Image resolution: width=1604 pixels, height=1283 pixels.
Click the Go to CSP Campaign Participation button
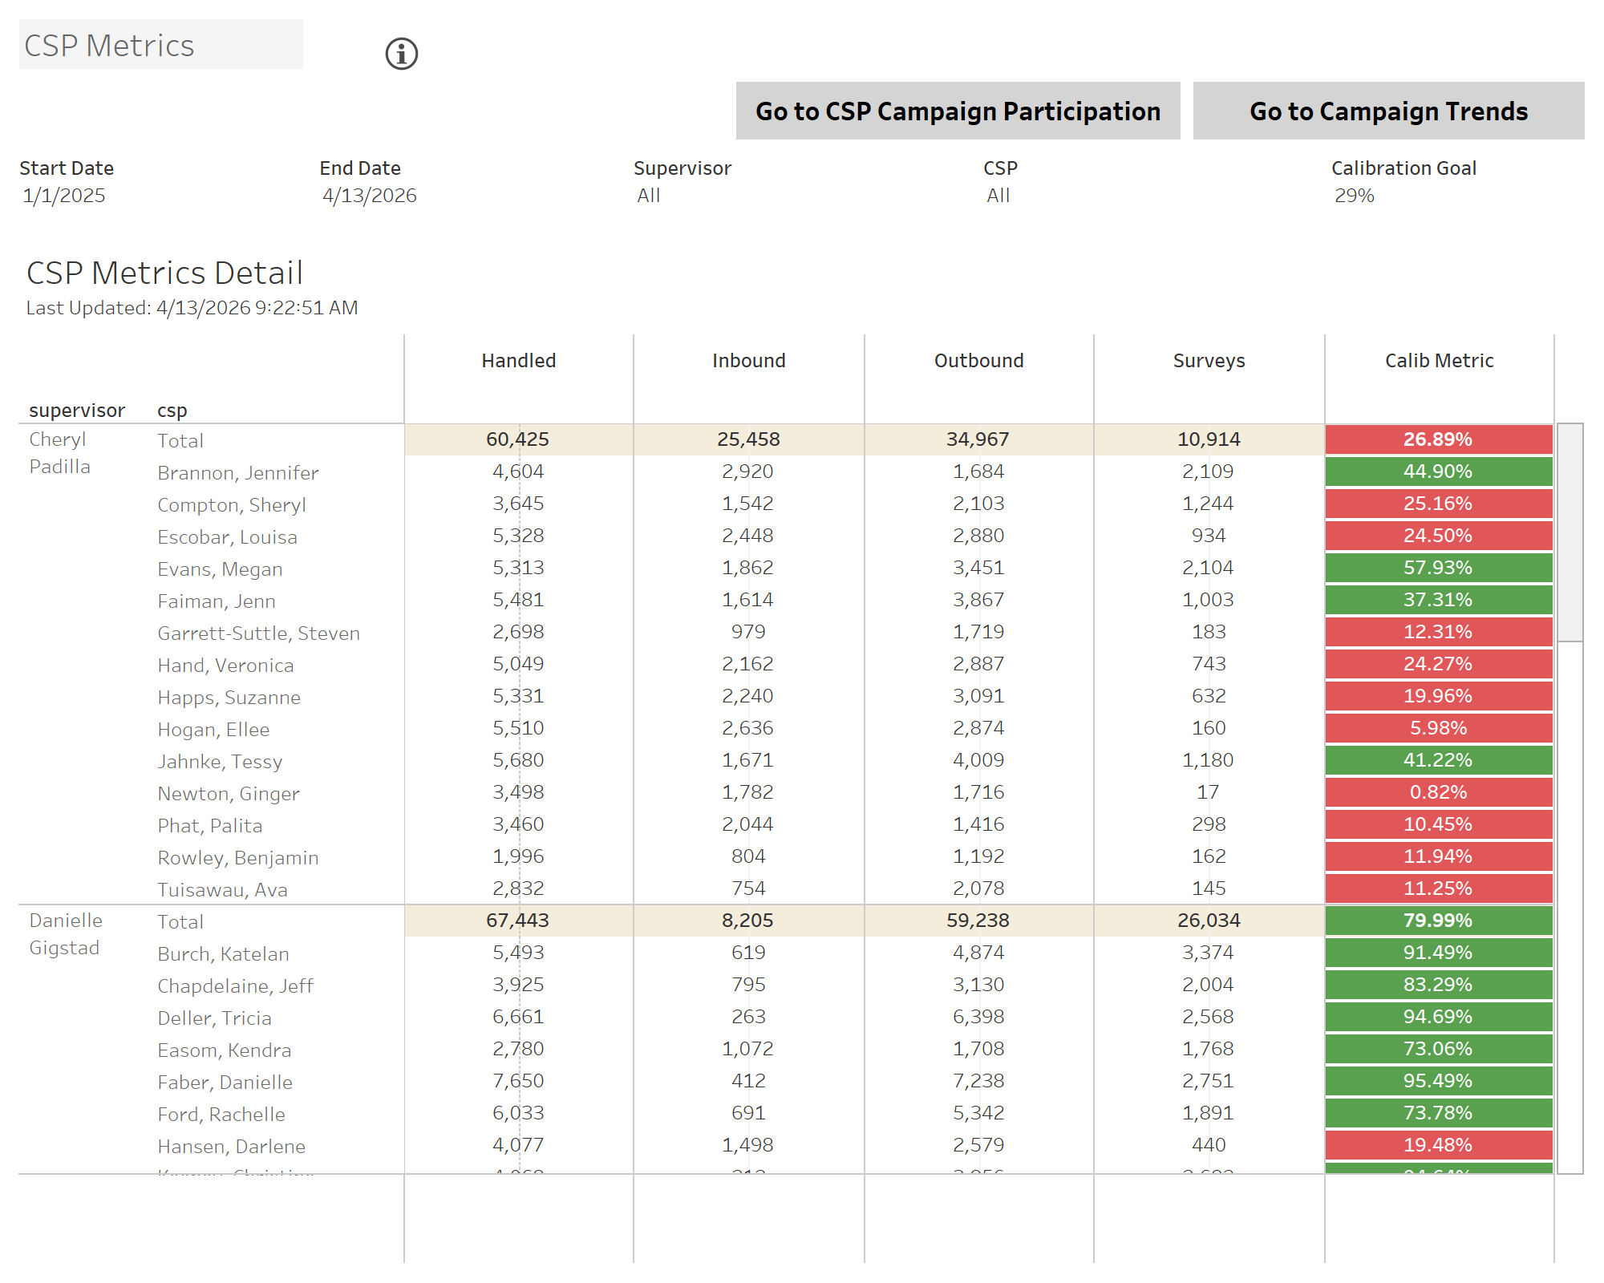pos(958,111)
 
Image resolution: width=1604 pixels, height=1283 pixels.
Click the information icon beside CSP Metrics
pos(402,54)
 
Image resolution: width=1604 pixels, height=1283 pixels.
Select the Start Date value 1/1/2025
pos(64,196)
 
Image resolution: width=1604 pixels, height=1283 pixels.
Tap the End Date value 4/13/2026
pos(370,196)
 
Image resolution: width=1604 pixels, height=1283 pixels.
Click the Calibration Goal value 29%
pos(1354,196)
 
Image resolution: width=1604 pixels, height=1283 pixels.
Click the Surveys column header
pos(1209,361)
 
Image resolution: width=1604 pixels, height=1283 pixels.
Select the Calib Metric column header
pos(1439,361)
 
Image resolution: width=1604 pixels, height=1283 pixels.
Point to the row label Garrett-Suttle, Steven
pos(258,633)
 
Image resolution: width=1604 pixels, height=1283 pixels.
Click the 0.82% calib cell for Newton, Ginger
pos(1438,792)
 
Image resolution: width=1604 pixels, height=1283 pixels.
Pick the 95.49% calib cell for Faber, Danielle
pos(1438,1081)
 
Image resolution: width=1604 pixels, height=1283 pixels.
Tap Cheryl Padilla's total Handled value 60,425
pos(517,439)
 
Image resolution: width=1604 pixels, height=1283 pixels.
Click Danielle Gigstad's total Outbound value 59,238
pos(978,921)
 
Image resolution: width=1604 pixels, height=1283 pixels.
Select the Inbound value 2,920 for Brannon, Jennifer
pos(747,472)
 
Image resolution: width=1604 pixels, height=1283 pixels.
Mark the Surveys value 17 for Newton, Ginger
pos(1208,792)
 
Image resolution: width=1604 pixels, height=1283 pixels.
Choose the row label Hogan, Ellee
pos(213,730)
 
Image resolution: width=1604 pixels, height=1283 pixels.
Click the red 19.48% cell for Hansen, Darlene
pos(1438,1145)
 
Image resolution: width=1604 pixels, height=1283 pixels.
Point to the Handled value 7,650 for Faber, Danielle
pos(518,1081)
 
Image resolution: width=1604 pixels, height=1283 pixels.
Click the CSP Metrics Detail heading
pos(164,273)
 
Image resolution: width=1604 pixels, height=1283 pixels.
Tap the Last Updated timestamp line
pos(192,308)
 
